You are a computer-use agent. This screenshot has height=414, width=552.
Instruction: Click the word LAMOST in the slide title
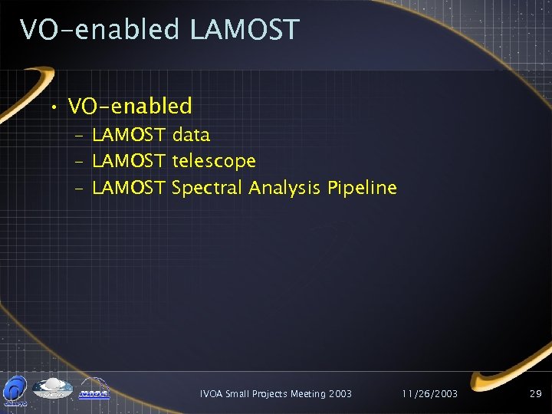click(244, 30)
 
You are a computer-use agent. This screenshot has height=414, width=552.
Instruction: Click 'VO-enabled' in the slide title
click(100, 30)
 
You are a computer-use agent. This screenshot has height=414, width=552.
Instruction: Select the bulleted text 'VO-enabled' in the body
click(130, 105)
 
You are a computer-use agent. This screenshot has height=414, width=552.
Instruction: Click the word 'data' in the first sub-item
click(191, 136)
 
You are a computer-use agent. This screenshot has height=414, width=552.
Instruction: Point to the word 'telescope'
click(214, 162)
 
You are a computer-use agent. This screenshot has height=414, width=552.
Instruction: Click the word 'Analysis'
click(284, 188)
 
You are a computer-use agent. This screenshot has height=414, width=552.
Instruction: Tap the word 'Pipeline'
click(362, 188)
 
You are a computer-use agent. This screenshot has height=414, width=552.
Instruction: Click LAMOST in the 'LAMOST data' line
click(128, 136)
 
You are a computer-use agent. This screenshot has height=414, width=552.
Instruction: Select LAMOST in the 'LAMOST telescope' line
click(128, 162)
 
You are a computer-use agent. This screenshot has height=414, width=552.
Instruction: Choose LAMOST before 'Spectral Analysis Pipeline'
click(128, 188)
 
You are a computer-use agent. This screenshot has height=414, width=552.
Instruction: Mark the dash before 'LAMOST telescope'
click(80, 163)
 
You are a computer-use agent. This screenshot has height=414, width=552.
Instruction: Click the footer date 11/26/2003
click(430, 393)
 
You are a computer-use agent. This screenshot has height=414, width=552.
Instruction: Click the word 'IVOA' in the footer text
click(212, 393)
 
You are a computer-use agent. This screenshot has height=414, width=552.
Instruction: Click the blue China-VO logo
click(15, 389)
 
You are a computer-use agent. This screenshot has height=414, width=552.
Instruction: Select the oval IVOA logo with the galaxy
click(51, 388)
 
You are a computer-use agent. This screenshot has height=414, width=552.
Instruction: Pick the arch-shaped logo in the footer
click(94, 389)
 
